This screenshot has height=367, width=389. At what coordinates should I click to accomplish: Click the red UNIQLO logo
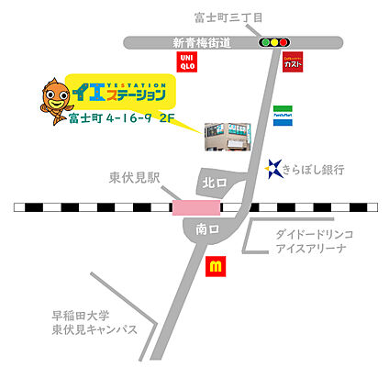[186, 62]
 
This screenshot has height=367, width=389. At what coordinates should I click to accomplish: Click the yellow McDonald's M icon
[217, 267]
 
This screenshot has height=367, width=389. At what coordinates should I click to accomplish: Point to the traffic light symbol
[274, 42]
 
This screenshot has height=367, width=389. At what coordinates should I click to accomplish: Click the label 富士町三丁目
[228, 17]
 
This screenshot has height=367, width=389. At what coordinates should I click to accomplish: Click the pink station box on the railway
[196, 208]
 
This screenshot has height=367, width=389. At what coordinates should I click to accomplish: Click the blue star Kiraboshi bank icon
[273, 167]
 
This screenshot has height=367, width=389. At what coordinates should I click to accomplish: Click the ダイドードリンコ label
[315, 235]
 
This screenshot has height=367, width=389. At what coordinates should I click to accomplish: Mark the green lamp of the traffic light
[283, 42]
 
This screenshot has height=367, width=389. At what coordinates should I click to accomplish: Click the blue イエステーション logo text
[126, 94]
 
